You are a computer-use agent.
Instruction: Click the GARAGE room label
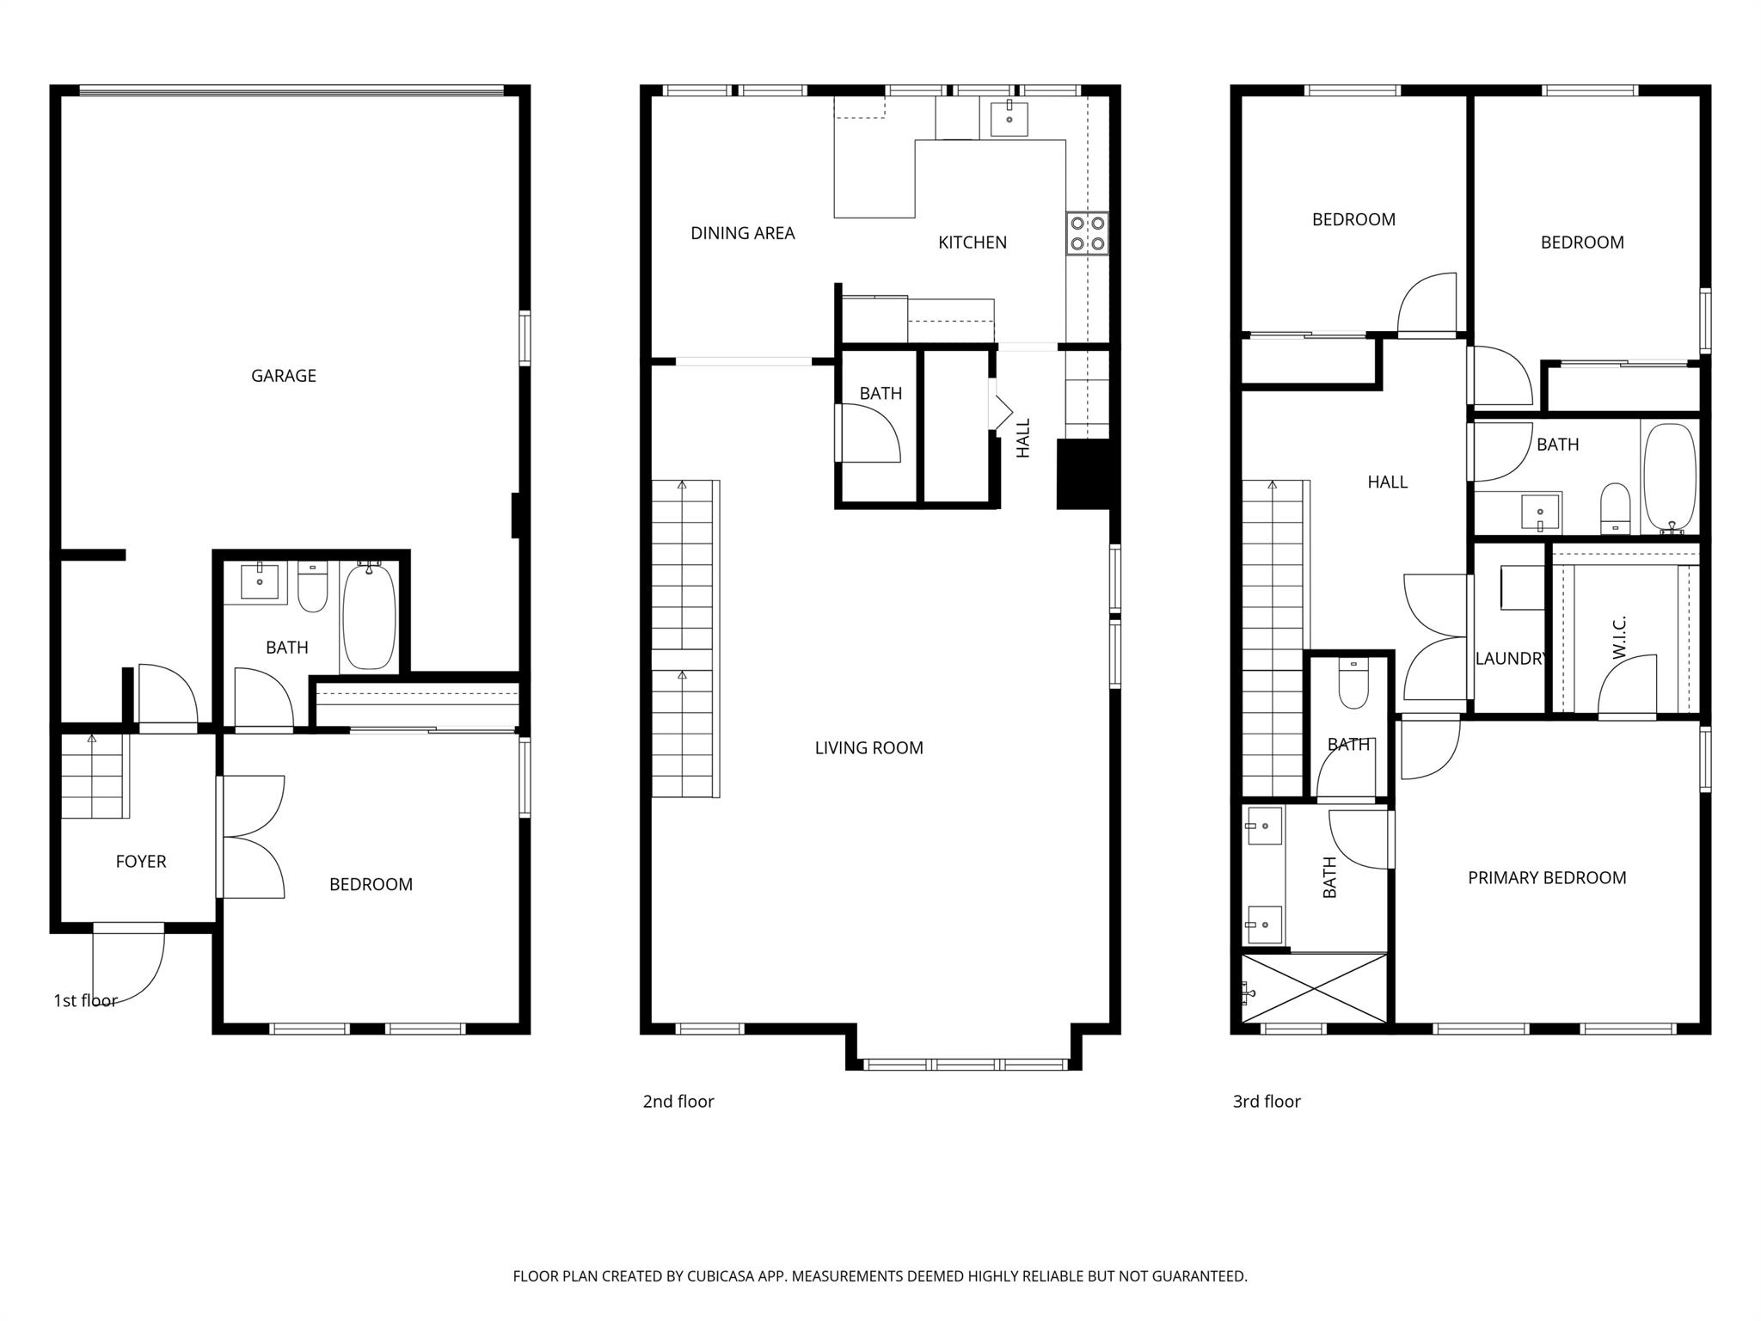283,376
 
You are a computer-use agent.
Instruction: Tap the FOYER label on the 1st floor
141,862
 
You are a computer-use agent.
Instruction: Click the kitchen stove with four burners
1087,233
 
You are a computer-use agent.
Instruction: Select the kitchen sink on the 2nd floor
1009,118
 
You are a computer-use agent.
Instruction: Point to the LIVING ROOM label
868,748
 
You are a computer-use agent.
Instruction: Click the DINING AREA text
742,233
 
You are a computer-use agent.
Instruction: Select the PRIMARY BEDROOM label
1546,878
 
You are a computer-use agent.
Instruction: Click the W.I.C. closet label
1619,637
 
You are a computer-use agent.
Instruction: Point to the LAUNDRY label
1509,659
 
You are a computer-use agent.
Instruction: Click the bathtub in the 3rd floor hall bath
1670,477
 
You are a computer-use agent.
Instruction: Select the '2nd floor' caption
678,1102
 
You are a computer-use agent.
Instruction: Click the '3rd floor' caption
1267,1102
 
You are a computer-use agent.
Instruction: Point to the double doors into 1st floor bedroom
252,837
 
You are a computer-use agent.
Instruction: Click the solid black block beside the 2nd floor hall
1083,474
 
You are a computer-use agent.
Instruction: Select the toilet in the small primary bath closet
1353,684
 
